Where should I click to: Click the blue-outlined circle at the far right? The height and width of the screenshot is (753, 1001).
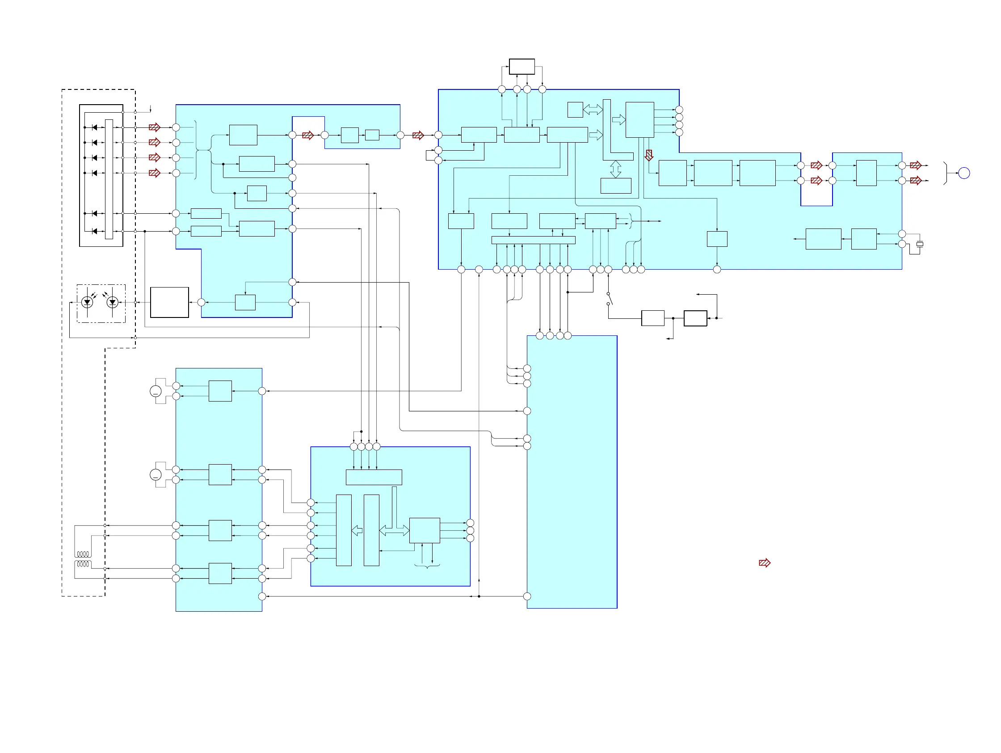point(964,173)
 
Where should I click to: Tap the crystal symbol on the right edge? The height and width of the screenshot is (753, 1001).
point(920,244)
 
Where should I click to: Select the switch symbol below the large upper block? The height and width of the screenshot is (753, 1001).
point(610,299)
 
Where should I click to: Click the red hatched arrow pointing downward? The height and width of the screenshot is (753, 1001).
point(649,155)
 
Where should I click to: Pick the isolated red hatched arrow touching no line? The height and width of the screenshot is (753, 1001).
point(764,563)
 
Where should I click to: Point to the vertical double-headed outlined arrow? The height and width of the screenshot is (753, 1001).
point(615,169)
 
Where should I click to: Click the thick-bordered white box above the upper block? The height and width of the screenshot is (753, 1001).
point(522,67)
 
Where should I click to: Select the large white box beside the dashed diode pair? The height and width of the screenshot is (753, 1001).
point(169,302)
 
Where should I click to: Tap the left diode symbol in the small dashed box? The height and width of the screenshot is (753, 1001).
point(87,301)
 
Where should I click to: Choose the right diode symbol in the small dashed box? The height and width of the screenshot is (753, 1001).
point(112,301)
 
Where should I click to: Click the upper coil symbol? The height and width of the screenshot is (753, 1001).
point(83,554)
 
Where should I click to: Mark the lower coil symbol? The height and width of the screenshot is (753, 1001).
point(83,564)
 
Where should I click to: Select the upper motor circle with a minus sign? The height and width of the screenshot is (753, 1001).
point(155,391)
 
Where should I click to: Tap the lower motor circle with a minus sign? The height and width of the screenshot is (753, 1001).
point(155,475)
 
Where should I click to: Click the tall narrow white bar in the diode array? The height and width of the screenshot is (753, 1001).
point(109,179)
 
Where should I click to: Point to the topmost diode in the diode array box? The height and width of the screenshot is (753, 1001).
point(94,128)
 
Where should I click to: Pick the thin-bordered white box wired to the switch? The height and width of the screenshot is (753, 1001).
point(652,318)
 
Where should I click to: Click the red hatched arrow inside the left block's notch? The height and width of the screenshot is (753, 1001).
point(308,135)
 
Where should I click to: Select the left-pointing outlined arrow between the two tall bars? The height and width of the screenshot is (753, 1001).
point(357,530)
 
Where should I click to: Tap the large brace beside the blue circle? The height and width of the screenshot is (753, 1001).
point(945,173)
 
